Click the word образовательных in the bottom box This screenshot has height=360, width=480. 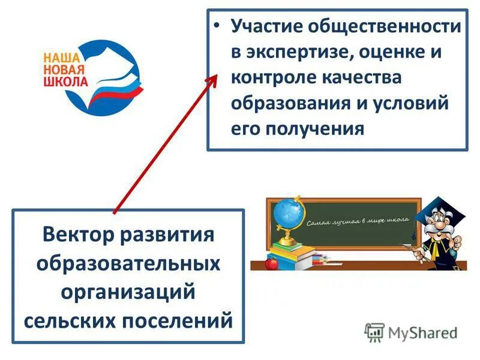click(x=128, y=262)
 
